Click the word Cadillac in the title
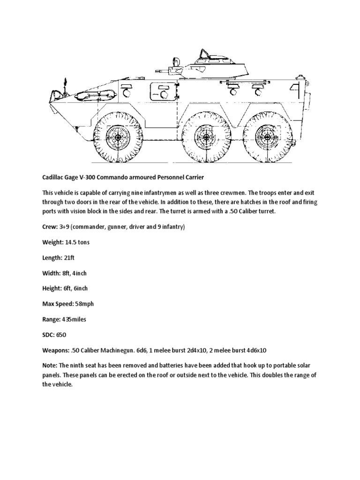[49, 178]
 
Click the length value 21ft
[69, 258]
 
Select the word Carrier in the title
[185, 178]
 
